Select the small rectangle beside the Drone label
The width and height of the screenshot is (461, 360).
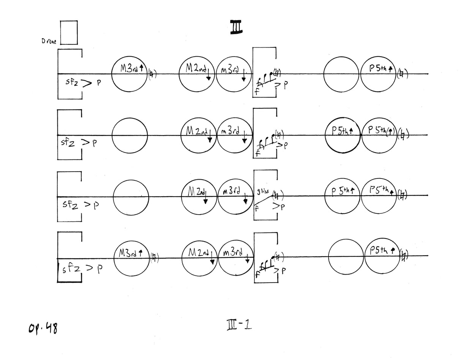pyautogui.click(x=69, y=33)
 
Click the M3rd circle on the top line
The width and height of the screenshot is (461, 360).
pyautogui.click(x=129, y=74)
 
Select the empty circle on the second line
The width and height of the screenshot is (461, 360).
pyautogui.click(x=129, y=135)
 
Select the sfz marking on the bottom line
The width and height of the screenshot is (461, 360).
pyautogui.click(x=71, y=269)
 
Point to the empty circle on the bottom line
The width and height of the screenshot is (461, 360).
pyautogui.click(x=346, y=257)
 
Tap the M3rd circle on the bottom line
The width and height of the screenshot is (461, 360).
pyautogui.click(x=131, y=258)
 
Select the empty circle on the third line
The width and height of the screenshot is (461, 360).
pyautogui.click(x=131, y=196)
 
